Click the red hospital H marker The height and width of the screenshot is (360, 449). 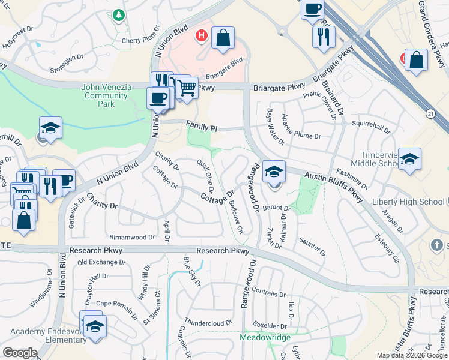coord(202,36)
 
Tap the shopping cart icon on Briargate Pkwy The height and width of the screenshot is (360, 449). coord(187,88)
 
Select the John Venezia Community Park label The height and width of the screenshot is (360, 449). coord(107,95)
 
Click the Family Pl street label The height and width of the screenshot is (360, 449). coord(201,127)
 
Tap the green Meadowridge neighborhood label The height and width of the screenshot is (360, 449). coord(265,337)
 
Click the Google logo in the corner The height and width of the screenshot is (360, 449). coord(20,353)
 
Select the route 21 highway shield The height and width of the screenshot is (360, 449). coord(432,113)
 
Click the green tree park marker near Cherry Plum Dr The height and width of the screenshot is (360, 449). coord(119,14)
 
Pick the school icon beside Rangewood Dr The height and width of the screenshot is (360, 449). coord(274,172)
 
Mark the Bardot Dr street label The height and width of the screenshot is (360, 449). coord(276,209)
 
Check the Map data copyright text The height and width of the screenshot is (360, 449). coord(411,355)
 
